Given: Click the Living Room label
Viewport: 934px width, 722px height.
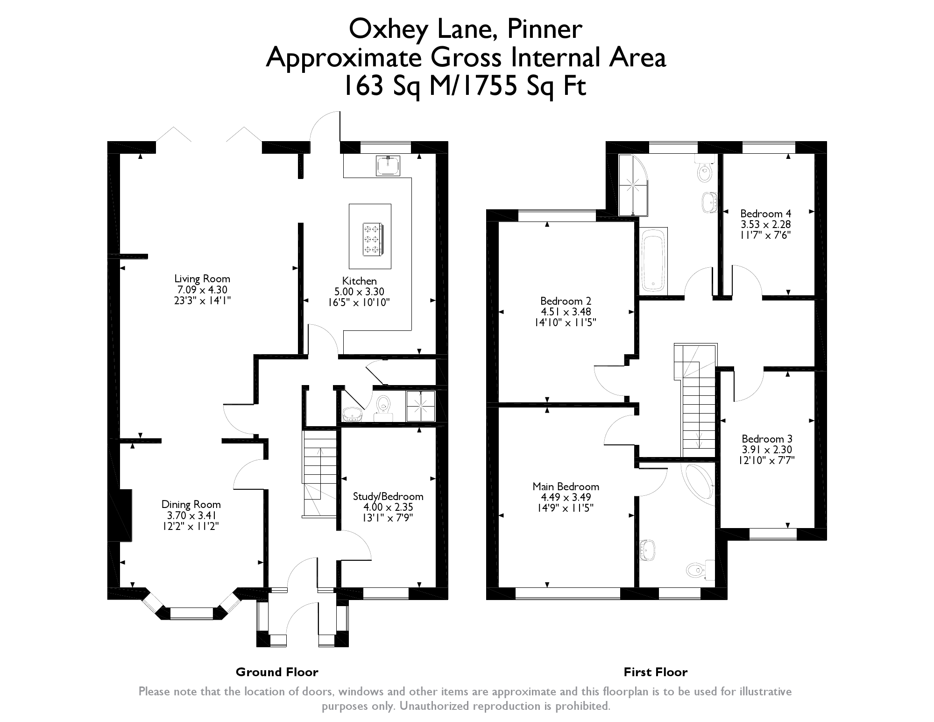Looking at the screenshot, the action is point(202,279).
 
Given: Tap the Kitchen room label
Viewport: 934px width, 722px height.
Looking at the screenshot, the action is point(359,281).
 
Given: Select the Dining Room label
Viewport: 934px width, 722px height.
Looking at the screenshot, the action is point(191,504).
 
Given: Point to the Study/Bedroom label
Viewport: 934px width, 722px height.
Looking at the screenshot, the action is point(388,496).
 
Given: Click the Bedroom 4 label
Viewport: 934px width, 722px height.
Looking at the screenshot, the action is point(765,214).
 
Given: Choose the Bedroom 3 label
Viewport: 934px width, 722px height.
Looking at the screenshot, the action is point(767,439).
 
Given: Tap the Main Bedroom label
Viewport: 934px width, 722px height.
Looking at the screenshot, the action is point(566,486).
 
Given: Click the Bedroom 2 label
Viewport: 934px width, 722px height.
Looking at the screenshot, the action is point(566,300).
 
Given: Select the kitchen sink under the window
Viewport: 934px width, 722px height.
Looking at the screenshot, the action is point(388,165).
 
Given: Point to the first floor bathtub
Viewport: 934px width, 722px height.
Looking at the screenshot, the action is point(653,262).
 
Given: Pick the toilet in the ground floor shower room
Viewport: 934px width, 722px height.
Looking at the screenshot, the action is point(383,405).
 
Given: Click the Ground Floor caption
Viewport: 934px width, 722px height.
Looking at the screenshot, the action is point(277,672).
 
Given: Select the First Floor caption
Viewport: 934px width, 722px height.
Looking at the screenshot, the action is point(655,672).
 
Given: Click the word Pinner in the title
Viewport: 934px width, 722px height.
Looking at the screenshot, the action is point(545,29).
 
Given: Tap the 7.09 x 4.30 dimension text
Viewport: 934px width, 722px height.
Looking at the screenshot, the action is point(202,290).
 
